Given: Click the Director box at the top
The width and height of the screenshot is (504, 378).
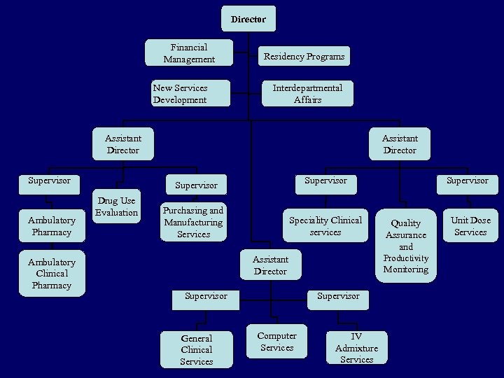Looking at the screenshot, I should pos(248,19).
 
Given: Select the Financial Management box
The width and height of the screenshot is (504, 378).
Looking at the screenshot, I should pos(188,53).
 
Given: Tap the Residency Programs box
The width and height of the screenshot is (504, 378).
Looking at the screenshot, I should pos(304,56).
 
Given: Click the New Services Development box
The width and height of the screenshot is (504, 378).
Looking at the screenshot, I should pos(190,93).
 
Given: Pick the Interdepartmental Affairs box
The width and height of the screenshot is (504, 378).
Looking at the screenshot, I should pos(307,93).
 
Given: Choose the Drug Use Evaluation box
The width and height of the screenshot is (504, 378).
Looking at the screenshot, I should pos(117,206).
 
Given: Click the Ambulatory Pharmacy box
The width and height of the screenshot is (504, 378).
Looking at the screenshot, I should pos(52,225).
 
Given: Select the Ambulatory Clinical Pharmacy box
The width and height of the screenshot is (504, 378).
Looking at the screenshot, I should pos(52,273).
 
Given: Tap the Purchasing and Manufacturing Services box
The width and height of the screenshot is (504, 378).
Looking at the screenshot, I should pos(193,222).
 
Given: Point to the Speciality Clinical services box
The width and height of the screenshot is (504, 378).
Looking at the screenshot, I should pos(325,225).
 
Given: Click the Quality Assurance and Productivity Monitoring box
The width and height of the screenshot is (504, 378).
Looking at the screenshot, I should pos(406,246).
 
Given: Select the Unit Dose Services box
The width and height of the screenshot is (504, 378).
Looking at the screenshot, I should pos(470,225).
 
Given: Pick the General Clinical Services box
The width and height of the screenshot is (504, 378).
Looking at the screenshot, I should pos(196,349).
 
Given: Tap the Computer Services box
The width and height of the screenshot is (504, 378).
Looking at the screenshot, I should pos(277,342).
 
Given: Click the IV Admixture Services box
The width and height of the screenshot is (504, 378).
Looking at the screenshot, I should pos(356,348).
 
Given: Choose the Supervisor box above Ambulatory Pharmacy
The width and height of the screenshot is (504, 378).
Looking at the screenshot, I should pos(49,181).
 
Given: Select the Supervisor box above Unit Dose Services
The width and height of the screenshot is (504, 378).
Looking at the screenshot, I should pos(468,181).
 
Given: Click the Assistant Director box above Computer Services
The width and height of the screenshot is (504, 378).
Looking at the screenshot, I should pos(270,265).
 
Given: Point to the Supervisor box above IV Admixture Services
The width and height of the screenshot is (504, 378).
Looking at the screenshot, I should pos(338,296).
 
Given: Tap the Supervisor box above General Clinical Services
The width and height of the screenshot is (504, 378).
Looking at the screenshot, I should pos(206,296).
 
